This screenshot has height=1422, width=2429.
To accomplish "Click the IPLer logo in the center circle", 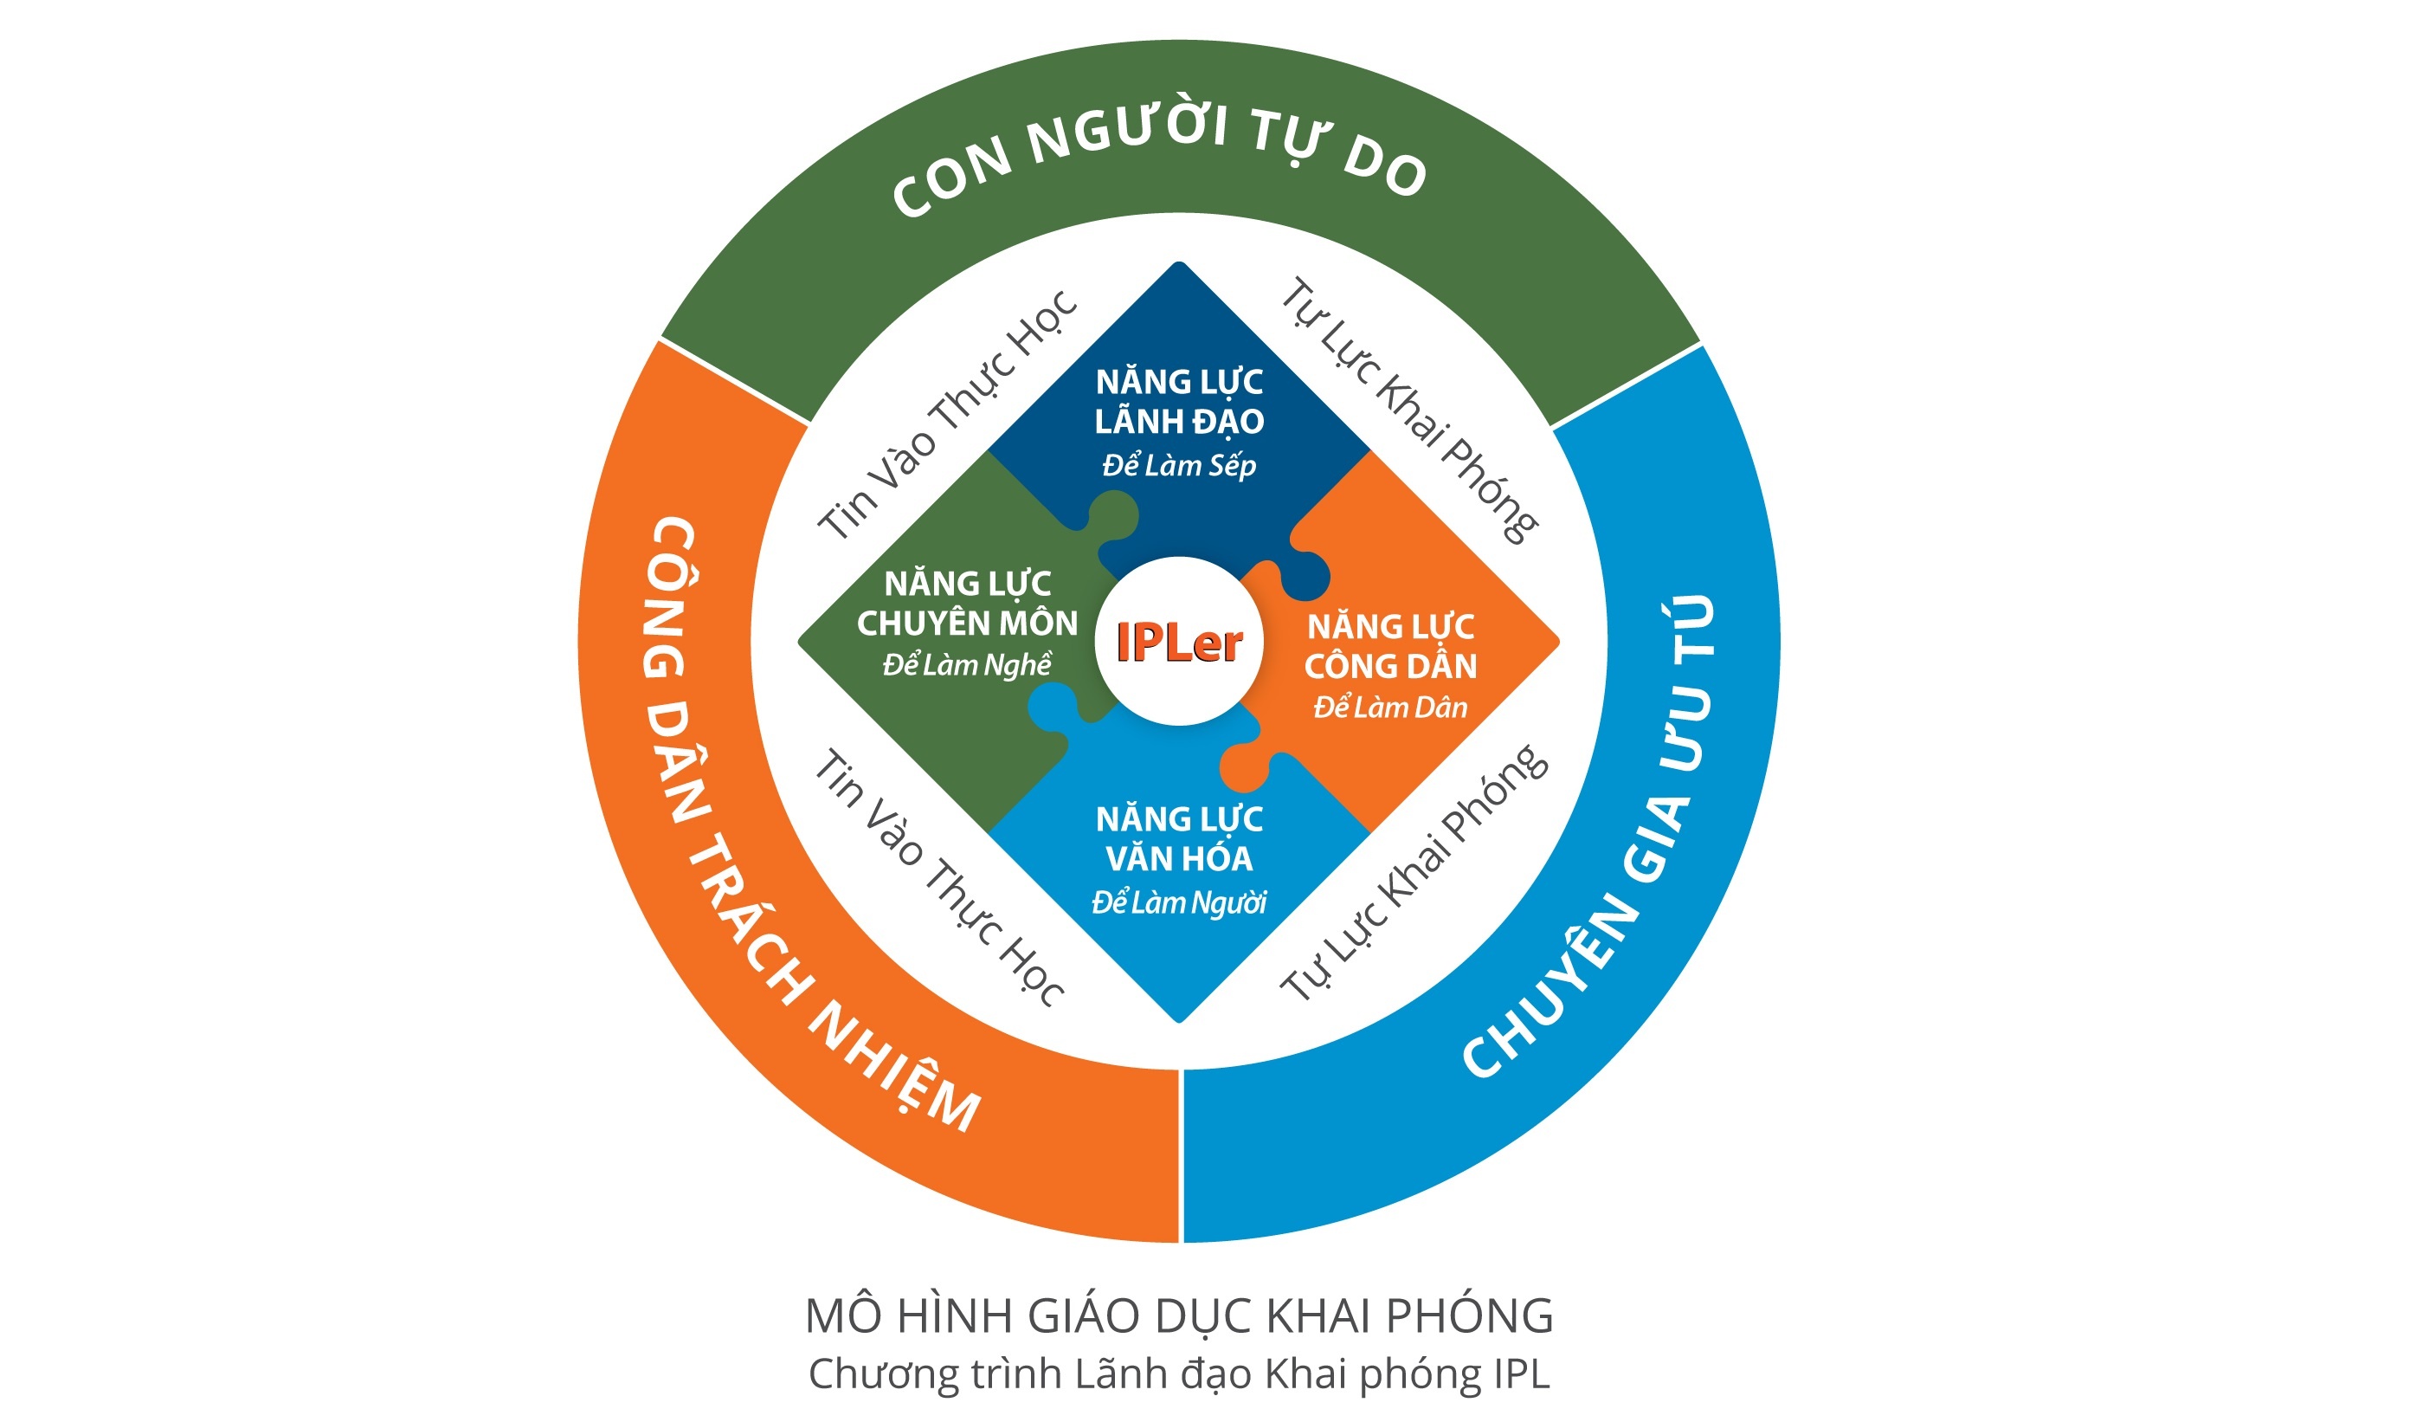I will [1178, 642].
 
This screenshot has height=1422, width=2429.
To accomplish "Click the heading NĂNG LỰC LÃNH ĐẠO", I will [1178, 401].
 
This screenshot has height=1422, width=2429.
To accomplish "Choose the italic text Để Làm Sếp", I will [1178, 466].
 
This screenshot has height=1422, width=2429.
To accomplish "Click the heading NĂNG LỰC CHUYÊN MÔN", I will [967, 604].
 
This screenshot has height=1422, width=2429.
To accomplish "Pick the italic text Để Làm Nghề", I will [967, 665].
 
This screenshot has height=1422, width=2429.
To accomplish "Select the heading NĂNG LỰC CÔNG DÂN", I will [1390, 646].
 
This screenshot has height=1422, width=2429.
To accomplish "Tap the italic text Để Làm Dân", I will [1390, 708].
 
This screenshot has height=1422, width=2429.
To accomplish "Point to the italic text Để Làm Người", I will [1178, 902].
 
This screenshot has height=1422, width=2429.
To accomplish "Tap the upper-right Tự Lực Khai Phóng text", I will [1409, 410].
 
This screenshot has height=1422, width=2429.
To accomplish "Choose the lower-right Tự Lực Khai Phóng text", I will [1413, 872].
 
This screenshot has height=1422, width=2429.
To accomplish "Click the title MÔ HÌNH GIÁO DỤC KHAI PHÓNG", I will [1178, 1316].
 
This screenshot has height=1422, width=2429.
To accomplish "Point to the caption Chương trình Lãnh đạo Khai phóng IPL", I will [1178, 1374].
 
